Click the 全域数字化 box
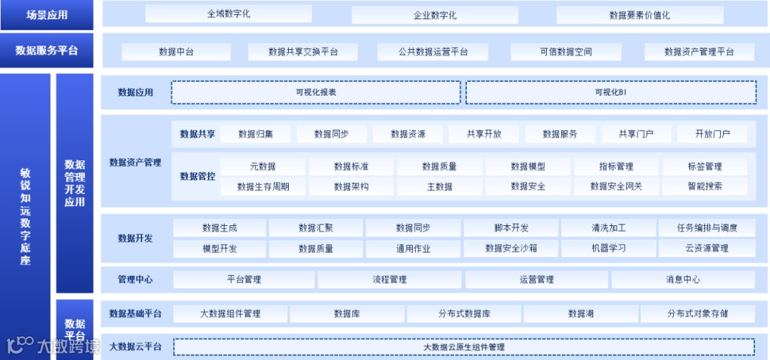[228, 14]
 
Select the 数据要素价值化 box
[640, 15]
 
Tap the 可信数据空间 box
[565, 52]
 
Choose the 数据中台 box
[176, 52]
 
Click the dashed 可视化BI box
[611, 92]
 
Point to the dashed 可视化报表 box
[316, 92]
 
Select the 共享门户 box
[635, 134]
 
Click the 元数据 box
[262, 167]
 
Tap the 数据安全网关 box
[616, 187]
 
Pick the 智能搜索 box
[704, 187]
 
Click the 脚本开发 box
[511, 228]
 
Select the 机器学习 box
[608, 249]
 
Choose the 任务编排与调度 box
[707, 228]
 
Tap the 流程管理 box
[389, 279]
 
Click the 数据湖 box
[580, 314]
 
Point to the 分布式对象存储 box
[697, 314]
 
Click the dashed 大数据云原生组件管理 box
[463, 347]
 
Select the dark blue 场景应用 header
[47, 15]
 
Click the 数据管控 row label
[197, 176]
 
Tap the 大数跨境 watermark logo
[53, 346]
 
